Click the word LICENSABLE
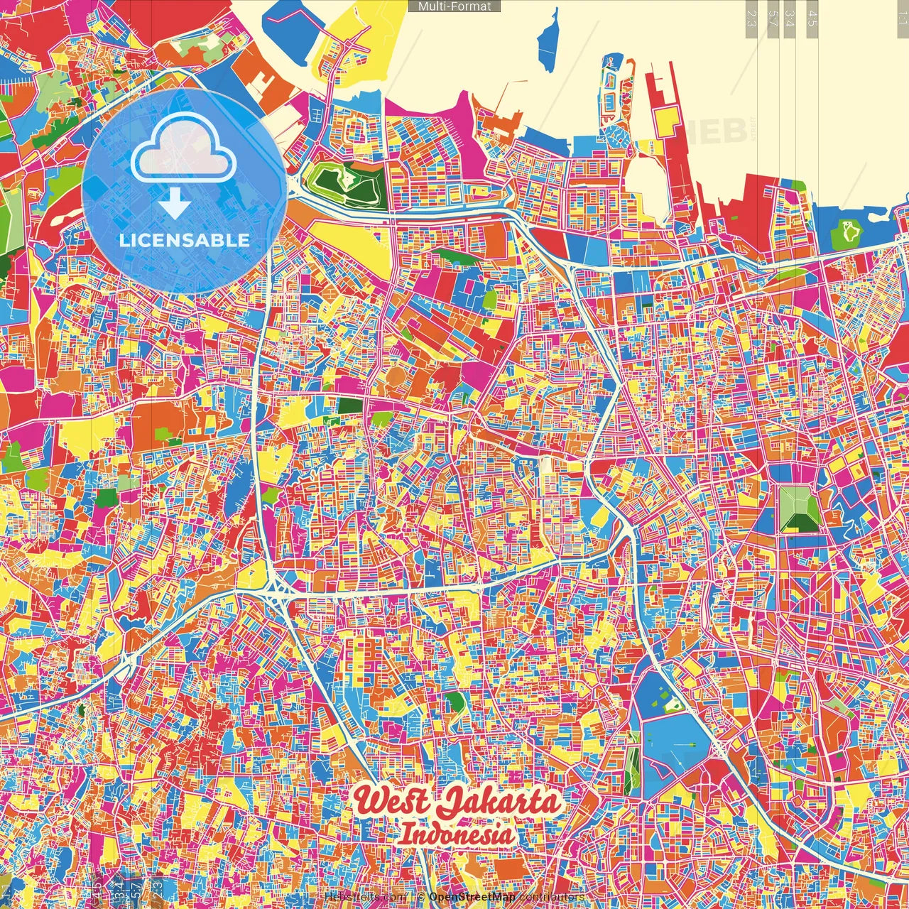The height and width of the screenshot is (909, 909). [x=185, y=240]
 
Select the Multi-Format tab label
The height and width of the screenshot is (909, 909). [x=454, y=6]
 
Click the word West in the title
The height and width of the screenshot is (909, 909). [x=393, y=801]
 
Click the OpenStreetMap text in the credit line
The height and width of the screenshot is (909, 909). [x=472, y=897]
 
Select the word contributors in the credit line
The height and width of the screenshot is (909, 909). [x=551, y=897]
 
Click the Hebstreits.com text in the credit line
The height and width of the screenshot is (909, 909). [x=366, y=897]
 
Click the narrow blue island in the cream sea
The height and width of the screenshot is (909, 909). [x=548, y=43]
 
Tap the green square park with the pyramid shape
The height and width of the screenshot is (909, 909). [x=800, y=508]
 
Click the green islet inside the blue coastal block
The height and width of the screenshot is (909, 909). [x=848, y=230]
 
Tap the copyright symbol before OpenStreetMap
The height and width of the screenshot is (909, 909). [x=421, y=897]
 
